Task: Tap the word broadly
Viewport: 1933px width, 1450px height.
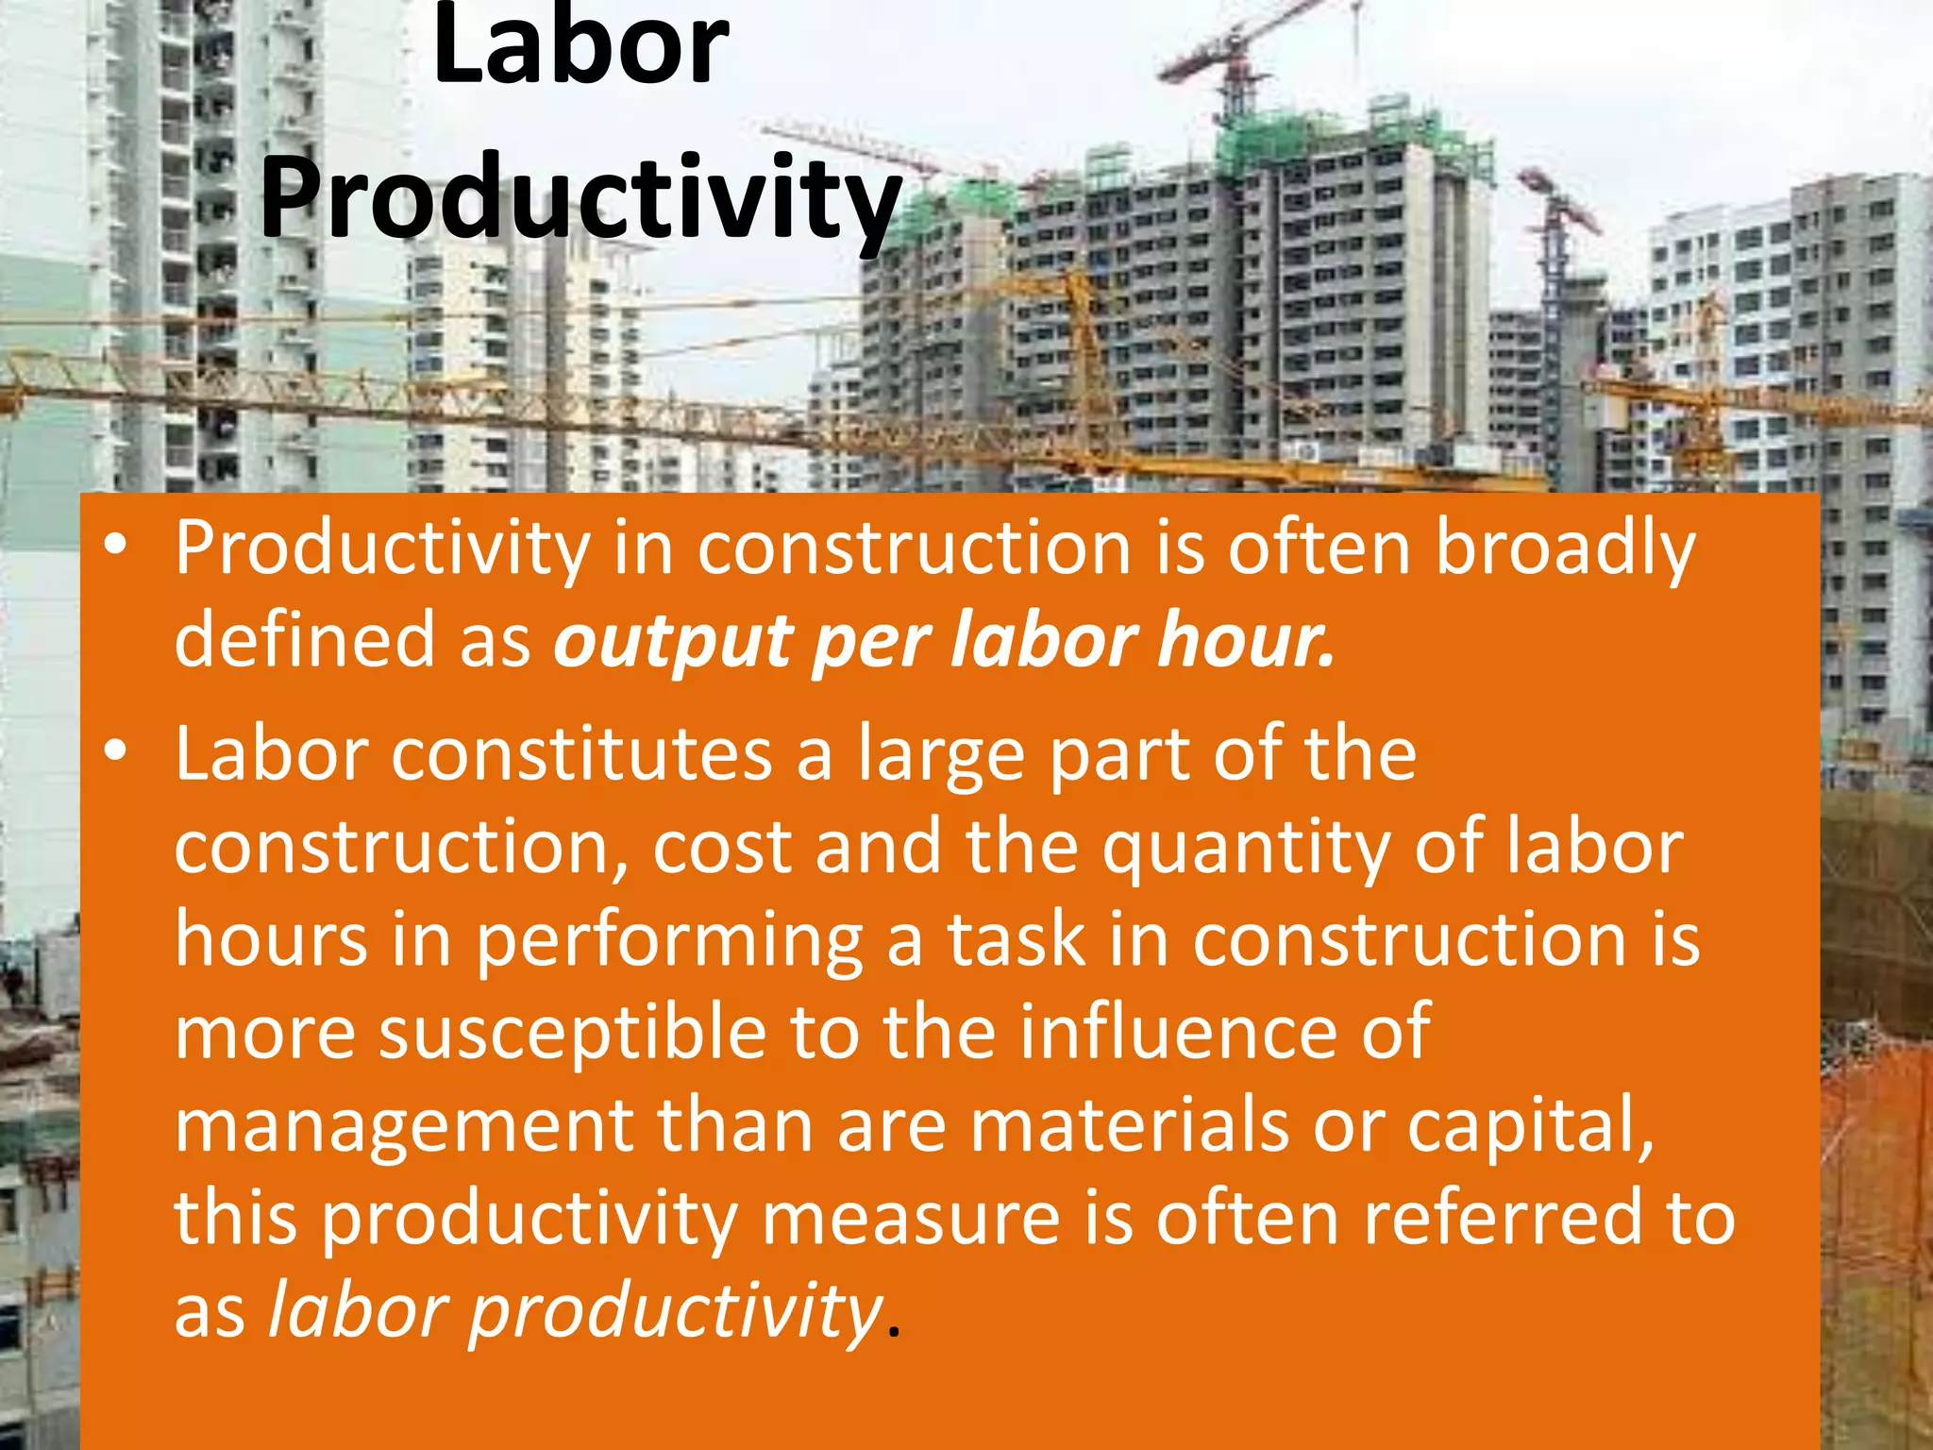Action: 1565,549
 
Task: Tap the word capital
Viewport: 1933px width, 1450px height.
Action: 1530,1126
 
